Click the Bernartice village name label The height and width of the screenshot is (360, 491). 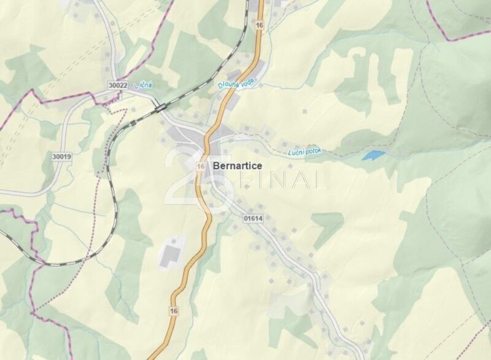point(238,166)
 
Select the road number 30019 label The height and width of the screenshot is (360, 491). point(61,157)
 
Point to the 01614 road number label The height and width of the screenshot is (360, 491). point(252,217)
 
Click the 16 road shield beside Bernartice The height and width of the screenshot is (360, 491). point(201,166)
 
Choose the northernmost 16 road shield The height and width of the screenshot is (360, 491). point(260,25)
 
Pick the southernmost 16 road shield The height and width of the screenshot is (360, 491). point(174,312)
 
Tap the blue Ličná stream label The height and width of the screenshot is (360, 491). point(143,86)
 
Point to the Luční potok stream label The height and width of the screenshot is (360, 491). point(304,151)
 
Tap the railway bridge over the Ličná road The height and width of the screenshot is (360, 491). point(161,108)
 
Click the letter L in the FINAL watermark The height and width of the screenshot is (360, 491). point(320,180)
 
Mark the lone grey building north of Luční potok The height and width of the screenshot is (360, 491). point(305,112)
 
